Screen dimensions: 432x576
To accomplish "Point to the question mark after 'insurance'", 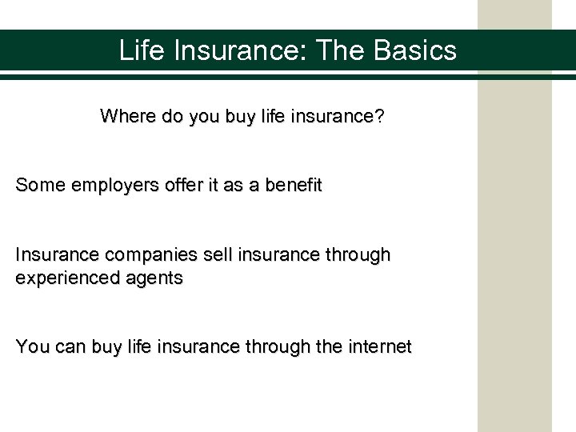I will (x=379, y=117).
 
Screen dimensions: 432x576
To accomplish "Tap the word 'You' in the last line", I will (x=31, y=347).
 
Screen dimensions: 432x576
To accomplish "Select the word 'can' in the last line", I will (x=68, y=347).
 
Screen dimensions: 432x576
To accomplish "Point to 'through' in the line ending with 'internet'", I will (x=271, y=347).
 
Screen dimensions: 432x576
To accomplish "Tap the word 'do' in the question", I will (x=167, y=117).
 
